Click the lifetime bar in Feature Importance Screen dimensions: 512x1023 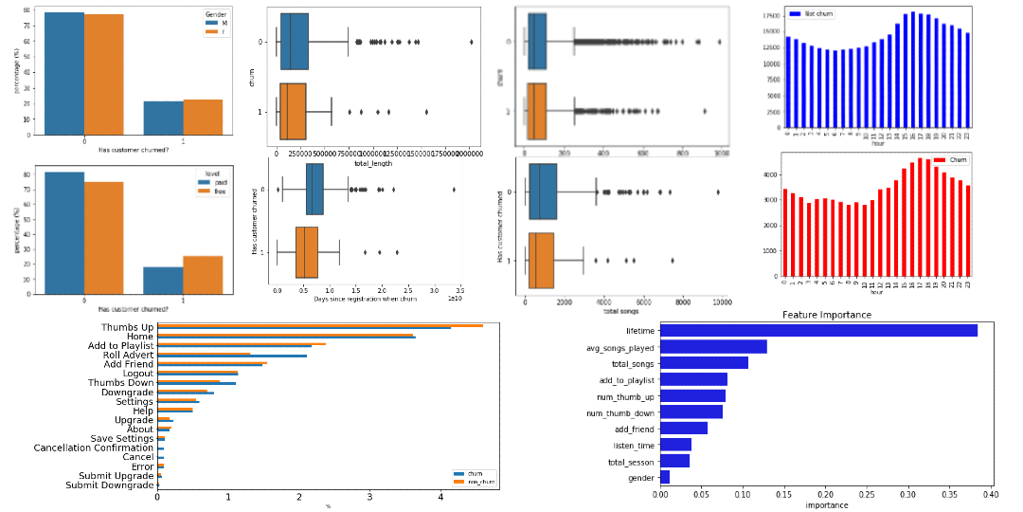(818, 330)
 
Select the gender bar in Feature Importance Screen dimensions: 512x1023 (665, 477)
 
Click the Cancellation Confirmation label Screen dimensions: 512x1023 (93, 448)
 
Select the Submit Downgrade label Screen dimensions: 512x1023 (109, 485)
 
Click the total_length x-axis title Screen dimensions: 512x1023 (373, 164)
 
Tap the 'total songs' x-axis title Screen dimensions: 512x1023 (619, 311)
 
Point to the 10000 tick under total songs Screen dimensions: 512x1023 (721, 302)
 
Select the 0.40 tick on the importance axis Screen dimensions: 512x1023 (991, 494)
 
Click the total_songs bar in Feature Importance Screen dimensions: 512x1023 (704, 362)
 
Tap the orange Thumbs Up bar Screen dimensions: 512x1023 (320, 325)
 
